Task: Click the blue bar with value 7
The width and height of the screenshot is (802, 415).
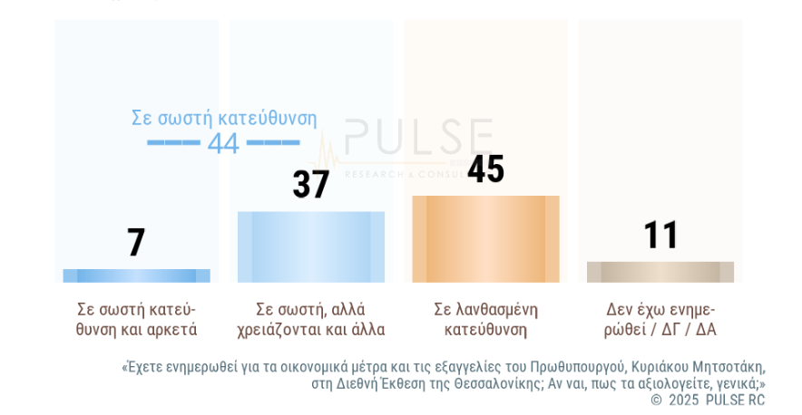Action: pyautogui.click(x=136, y=275)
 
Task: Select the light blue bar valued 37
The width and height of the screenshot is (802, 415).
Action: pyautogui.click(x=311, y=246)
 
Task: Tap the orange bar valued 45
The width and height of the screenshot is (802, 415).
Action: pyautogui.click(x=485, y=239)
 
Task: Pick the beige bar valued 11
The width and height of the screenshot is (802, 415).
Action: pyautogui.click(x=660, y=272)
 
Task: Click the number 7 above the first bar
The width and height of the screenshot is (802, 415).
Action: pyautogui.click(x=136, y=243)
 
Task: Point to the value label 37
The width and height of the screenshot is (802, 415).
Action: pyautogui.click(x=311, y=185)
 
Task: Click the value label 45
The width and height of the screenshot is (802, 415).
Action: pyautogui.click(x=485, y=169)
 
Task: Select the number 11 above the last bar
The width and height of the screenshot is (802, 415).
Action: pyautogui.click(x=660, y=236)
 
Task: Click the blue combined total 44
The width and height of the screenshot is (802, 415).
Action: pyautogui.click(x=223, y=143)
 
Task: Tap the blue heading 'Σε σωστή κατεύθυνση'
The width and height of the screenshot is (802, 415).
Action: pyautogui.click(x=224, y=118)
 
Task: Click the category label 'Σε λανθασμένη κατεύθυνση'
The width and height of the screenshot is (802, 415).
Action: pyautogui.click(x=485, y=319)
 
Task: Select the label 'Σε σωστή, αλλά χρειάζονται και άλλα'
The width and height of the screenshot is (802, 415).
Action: pyautogui.click(x=311, y=319)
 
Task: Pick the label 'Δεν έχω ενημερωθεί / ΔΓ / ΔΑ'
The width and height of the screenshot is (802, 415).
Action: pyautogui.click(x=660, y=319)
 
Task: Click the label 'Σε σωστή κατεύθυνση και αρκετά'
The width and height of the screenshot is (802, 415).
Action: pyautogui.click(x=136, y=319)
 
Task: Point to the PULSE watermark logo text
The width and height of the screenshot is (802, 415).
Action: pyautogui.click(x=418, y=138)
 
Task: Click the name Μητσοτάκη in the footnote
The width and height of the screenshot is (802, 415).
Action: pyautogui.click(x=725, y=367)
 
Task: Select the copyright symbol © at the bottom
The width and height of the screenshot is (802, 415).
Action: pyautogui.click(x=657, y=400)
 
